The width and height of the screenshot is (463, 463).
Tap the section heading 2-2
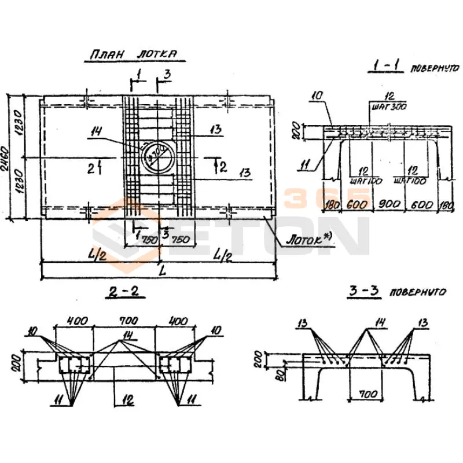[x=125, y=293]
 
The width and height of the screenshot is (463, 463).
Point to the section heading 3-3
[x=364, y=292]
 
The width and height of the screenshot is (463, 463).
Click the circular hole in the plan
[x=157, y=153]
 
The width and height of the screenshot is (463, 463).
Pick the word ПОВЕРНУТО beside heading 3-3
[x=418, y=293]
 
